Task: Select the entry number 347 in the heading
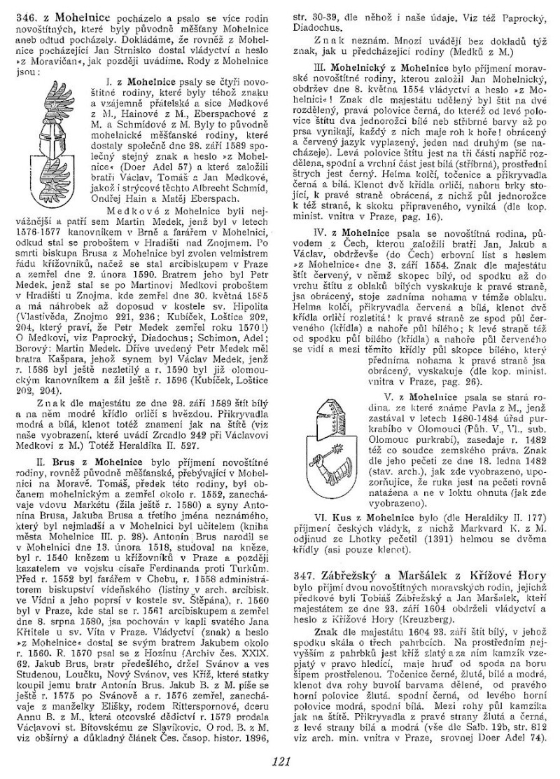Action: tap(307, 574)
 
